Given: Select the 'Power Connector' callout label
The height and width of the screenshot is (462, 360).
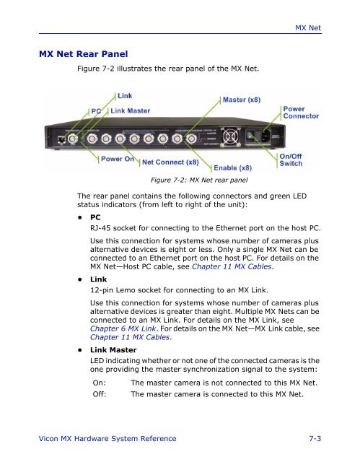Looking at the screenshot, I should [x=302, y=113].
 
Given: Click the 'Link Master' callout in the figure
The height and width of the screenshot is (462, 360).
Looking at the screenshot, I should [x=132, y=110].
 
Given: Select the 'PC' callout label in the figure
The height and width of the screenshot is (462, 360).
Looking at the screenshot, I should [x=96, y=110].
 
